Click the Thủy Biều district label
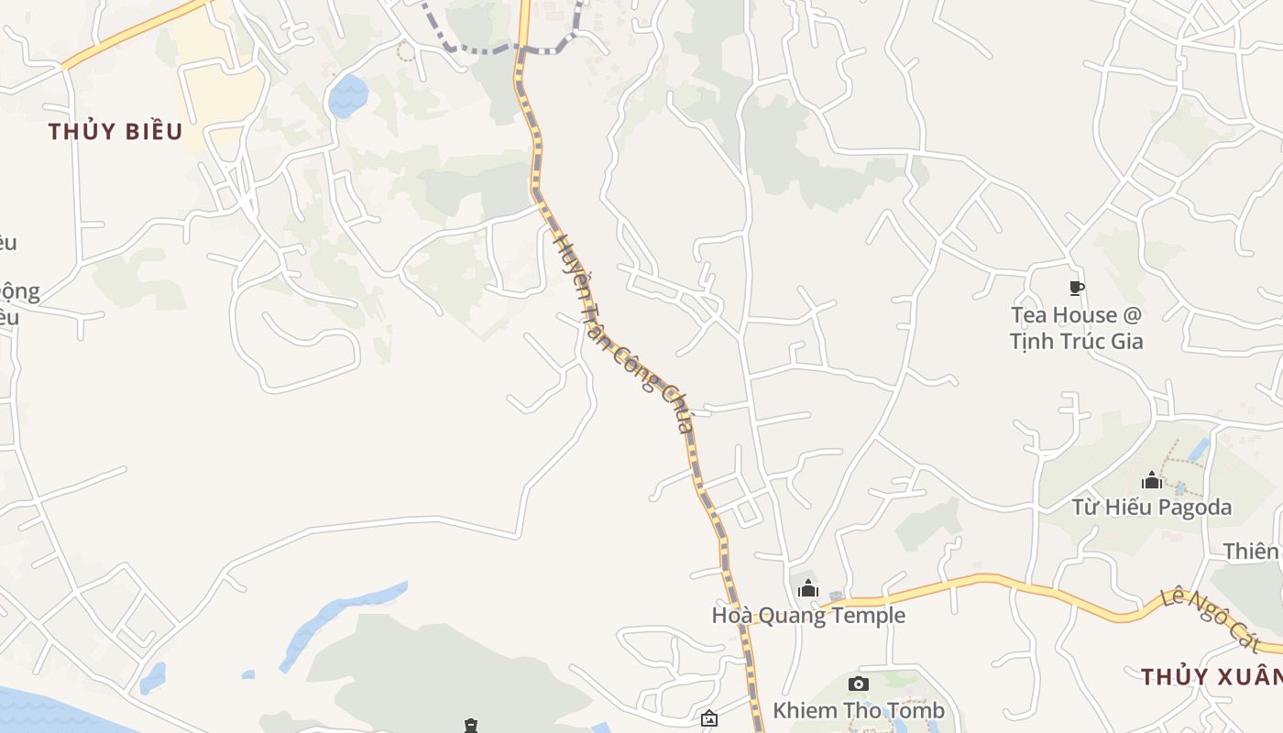tap(115, 131)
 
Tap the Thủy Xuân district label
tap(1211, 677)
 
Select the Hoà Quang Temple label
tap(808, 615)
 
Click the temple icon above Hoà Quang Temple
tap(807, 588)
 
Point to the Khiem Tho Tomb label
tap(858, 710)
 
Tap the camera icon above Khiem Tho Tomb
tap(859, 684)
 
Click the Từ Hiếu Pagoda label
tap(1152, 507)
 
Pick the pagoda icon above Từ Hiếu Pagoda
tap(1152, 480)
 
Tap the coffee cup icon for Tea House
tap(1077, 289)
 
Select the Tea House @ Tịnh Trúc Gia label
tap(1077, 327)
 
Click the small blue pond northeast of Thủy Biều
tap(348, 95)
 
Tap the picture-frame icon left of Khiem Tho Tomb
tap(708, 719)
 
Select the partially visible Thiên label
tap(1252, 551)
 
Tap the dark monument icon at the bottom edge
tap(471, 727)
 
